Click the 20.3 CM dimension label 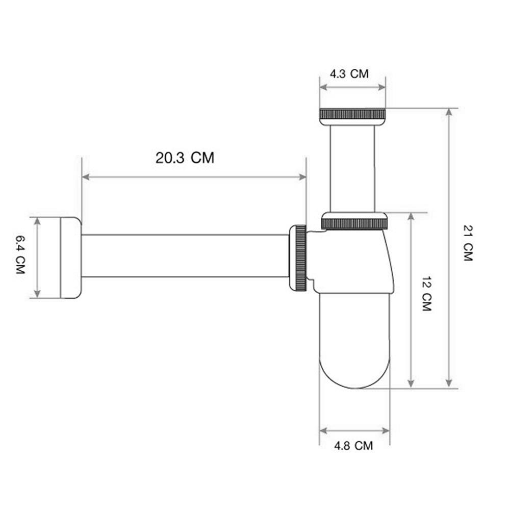[x=185, y=158]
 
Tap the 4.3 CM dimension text [x=349, y=73]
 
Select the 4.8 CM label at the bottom [x=353, y=446]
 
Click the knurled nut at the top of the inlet [x=352, y=114]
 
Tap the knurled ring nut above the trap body [x=354, y=223]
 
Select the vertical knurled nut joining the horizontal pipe [x=299, y=258]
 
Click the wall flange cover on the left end [x=70, y=258]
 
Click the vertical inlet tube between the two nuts [x=352, y=168]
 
